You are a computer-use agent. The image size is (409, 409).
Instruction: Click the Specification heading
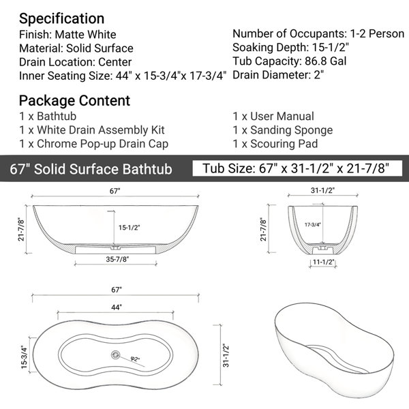tap(61, 19)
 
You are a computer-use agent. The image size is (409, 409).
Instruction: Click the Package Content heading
tap(74, 101)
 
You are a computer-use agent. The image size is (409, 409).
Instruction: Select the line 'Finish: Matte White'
tap(67, 35)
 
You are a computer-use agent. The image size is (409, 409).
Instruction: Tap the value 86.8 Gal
tap(326, 61)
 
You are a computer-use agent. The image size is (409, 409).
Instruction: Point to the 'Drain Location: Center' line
tap(75, 62)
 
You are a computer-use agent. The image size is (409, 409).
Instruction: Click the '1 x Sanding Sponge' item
tap(283, 130)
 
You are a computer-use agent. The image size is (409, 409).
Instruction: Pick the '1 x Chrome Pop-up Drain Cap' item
tap(93, 145)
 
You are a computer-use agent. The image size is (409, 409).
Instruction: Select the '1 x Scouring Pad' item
tap(275, 144)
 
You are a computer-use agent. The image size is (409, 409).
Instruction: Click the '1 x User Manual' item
tap(273, 117)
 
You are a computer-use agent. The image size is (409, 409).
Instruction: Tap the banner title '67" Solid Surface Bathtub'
tap(91, 169)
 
